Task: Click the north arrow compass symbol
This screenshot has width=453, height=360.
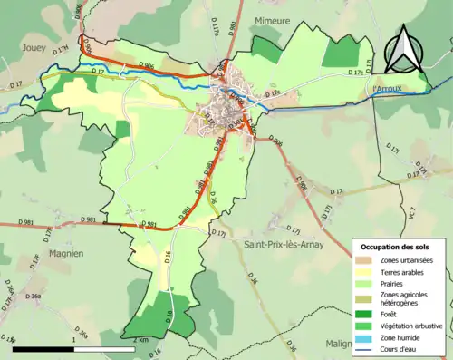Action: point(403,50)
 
